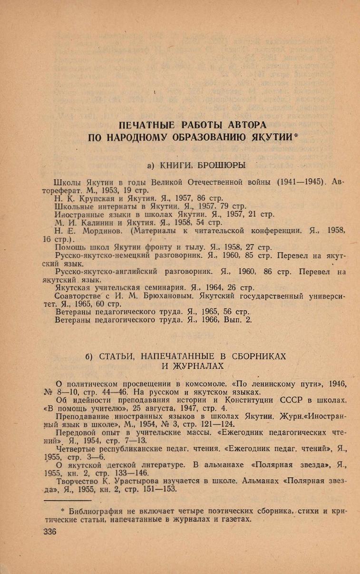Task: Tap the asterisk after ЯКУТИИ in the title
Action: pos(295,137)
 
